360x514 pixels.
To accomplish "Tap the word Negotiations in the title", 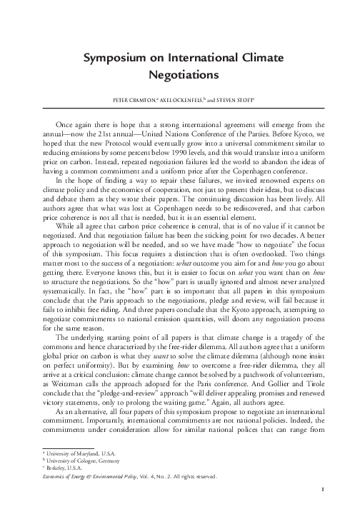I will tap(180, 73).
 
